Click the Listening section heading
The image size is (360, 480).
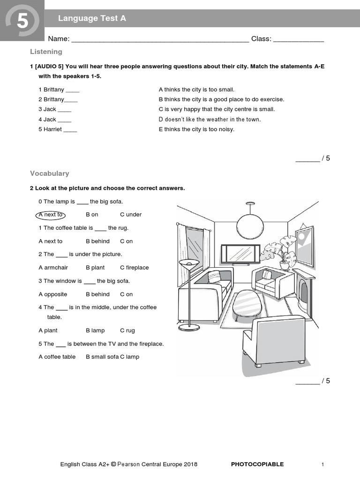click(x=46, y=52)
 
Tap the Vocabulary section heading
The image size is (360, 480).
click(x=49, y=173)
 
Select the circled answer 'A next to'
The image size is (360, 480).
click(x=50, y=215)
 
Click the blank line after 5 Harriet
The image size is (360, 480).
click(x=70, y=130)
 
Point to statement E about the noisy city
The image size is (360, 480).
click(x=196, y=129)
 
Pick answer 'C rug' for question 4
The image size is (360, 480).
click(x=127, y=330)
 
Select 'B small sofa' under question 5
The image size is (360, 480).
click(x=102, y=357)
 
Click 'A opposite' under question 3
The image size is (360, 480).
click(x=52, y=294)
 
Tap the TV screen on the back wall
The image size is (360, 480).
click(x=240, y=255)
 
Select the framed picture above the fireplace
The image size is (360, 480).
click(x=304, y=246)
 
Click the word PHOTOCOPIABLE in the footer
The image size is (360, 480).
click(x=257, y=465)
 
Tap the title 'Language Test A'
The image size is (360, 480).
click(x=92, y=19)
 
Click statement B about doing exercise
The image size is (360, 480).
click(x=221, y=99)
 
